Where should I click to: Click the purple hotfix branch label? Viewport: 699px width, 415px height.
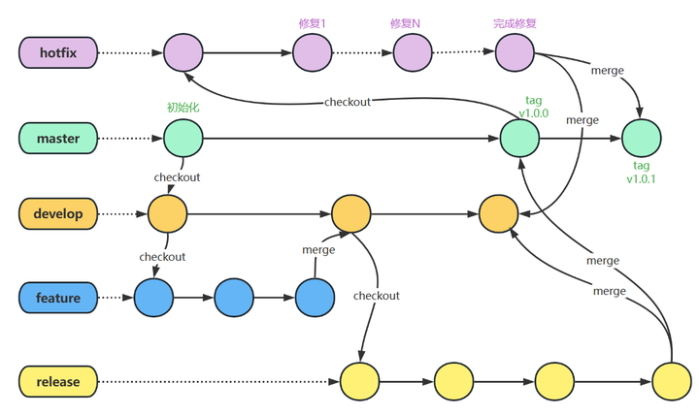click(x=58, y=53)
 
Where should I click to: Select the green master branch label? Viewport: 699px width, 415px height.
click(x=58, y=139)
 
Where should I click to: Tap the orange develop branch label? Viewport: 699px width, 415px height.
click(x=58, y=213)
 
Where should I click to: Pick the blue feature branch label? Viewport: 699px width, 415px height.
click(x=58, y=298)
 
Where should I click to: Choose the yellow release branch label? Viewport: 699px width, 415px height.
click(x=58, y=382)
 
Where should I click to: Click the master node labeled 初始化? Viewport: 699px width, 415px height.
click(x=183, y=139)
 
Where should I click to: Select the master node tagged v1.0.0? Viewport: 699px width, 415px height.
click(x=519, y=139)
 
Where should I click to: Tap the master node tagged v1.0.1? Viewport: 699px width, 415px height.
click(x=641, y=139)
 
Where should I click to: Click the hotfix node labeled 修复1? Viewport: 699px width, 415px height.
click(x=312, y=53)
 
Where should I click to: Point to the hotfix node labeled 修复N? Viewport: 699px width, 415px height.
click(x=413, y=53)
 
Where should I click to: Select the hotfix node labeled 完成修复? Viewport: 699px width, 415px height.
click(x=515, y=53)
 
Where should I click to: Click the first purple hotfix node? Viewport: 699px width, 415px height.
click(x=183, y=53)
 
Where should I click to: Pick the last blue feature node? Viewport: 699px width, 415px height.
click(x=315, y=298)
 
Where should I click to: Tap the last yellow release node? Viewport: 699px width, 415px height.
click(x=671, y=382)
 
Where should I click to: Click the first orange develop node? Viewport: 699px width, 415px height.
click(x=167, y=213)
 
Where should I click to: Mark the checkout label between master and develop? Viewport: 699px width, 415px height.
click(x=177, y=177)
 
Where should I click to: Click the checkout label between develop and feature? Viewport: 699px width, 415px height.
click(x=162, y=257)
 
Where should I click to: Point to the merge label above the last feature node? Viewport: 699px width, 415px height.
click(x=318, y=249)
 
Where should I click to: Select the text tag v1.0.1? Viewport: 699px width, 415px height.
click(x=641, y=173)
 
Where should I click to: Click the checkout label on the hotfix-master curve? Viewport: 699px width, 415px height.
click(x=347, y=102)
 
